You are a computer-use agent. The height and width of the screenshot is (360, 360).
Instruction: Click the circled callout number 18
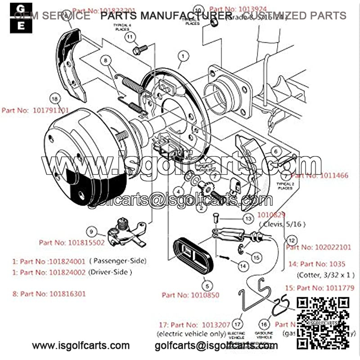54,99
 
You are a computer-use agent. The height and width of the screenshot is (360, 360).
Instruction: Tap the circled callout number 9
91,232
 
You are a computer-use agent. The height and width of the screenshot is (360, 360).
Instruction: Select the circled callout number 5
207,284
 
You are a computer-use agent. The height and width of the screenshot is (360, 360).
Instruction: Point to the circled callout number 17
238,323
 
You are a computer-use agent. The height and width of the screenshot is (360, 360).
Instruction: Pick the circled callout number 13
248,218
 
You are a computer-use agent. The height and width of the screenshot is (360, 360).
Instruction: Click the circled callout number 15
256,257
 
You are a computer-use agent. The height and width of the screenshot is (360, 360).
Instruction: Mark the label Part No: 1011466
319,175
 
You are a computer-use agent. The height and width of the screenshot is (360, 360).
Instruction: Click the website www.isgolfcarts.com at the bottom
81,346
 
